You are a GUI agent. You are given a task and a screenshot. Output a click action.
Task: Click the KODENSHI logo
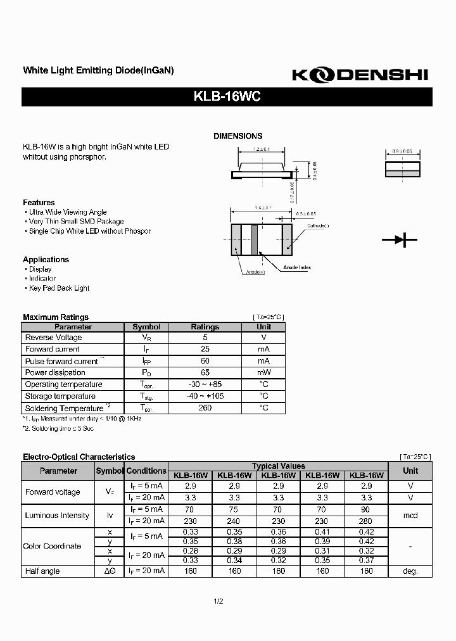coord(360,75)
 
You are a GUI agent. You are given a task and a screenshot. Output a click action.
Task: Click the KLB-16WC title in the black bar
coord(227,97)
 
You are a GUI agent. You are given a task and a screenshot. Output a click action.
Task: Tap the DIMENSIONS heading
coord(237,136)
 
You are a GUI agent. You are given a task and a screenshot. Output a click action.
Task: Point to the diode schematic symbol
coord(399,239)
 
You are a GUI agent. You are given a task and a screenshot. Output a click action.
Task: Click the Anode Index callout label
coord(296,267)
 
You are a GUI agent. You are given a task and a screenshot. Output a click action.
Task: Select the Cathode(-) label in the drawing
coord(318,226)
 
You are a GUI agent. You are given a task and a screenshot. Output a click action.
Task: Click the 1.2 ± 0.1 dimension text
coord(261,149)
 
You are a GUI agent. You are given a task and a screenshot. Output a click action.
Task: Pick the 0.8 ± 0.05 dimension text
coord(402,151)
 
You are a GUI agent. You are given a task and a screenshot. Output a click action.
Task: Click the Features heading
coord(39,203)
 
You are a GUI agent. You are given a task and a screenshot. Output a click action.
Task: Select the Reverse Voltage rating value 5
coord(205,338)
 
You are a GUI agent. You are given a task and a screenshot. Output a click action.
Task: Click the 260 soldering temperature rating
coord(205,408)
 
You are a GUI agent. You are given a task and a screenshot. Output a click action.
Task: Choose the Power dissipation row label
coord(55,372)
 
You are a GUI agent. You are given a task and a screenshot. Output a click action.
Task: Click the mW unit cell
coord(264,372)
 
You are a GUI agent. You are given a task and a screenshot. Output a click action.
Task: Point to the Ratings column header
coord(205,327)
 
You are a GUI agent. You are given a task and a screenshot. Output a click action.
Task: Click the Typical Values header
coord(278,466)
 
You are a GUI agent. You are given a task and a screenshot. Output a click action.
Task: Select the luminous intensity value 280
coord(366,521)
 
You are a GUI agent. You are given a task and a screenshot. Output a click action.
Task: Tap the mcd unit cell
coord(410,516)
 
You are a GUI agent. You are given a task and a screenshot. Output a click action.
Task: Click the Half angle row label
coord(42,571)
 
